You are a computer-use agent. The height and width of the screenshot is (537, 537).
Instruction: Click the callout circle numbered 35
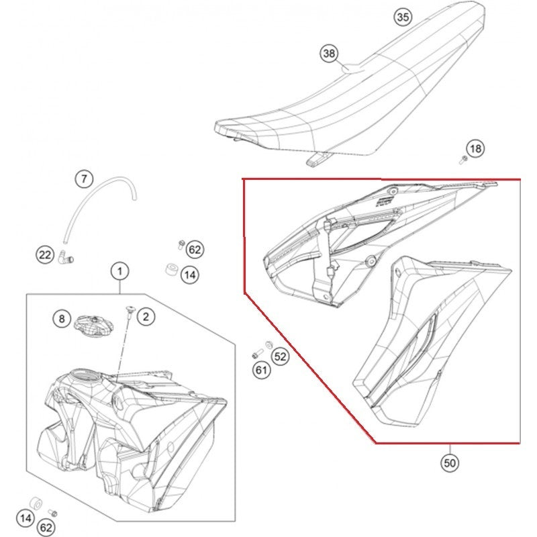[403, 17]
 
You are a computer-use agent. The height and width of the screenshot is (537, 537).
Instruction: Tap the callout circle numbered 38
[329, 54]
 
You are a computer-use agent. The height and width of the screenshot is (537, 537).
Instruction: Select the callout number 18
[475, 148]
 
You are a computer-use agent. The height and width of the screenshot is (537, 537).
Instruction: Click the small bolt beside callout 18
[463, 159]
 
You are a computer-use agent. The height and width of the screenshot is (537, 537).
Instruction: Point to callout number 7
[85, 179]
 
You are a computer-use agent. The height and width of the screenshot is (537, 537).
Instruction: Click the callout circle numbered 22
[46, 255]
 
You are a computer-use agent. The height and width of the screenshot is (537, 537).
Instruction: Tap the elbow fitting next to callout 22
[66, 257]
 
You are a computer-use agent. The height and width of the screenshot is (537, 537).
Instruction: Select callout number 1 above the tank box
[119, 272]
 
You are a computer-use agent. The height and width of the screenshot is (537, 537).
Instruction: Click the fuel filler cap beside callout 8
[93, 324]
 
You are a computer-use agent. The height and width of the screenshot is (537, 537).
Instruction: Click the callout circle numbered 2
[146, 317]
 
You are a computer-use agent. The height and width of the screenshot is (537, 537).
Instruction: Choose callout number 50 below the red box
[450, 463]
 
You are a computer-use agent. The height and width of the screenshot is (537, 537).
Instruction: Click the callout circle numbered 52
[280, 356]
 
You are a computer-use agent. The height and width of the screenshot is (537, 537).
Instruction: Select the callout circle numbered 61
[261, 371]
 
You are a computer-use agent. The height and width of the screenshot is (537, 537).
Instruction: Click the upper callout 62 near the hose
[195, 250]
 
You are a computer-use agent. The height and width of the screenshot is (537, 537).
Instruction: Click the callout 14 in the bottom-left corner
[26, 518]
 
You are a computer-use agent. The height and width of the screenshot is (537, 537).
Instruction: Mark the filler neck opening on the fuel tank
[84, 375]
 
